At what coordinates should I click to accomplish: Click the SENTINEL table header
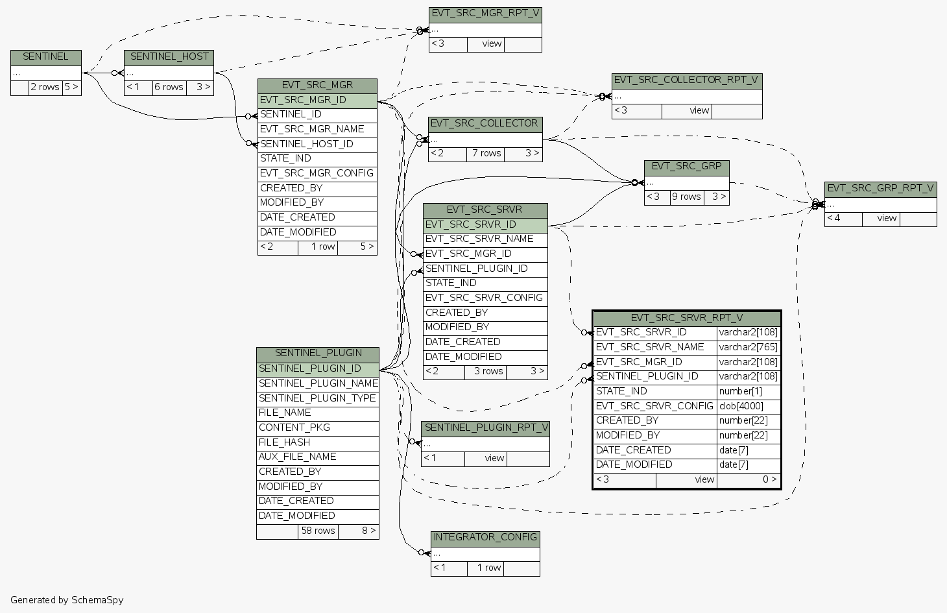point(45,57)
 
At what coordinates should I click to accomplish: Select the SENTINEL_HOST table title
point(169,57)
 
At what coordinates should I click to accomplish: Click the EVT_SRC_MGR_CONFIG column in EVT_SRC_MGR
point(317,173)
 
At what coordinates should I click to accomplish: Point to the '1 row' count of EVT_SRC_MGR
point(322,247)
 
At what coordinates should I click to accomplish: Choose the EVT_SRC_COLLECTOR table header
point(485,123)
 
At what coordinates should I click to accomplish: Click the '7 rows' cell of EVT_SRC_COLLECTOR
point(486,154)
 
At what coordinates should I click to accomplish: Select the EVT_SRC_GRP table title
point(686,167)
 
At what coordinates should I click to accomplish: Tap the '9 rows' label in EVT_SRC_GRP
point(686,197)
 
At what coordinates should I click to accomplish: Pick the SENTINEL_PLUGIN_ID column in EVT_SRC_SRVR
point(477,269)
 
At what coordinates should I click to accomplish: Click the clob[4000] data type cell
point(741,406)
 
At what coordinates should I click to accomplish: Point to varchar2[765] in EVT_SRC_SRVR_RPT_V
point(748,348)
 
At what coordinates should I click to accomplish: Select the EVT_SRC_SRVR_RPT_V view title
point(686,319)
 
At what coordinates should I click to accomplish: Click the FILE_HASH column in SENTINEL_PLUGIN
point(285,442)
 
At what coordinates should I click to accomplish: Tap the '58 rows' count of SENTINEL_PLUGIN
point(318,531)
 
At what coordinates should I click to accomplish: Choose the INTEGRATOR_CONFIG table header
point(485,538)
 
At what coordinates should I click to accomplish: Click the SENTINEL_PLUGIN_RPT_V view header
point(485,427)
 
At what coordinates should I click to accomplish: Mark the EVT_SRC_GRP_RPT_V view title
point(880,189)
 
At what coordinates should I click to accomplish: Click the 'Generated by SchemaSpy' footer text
point(67,600)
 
